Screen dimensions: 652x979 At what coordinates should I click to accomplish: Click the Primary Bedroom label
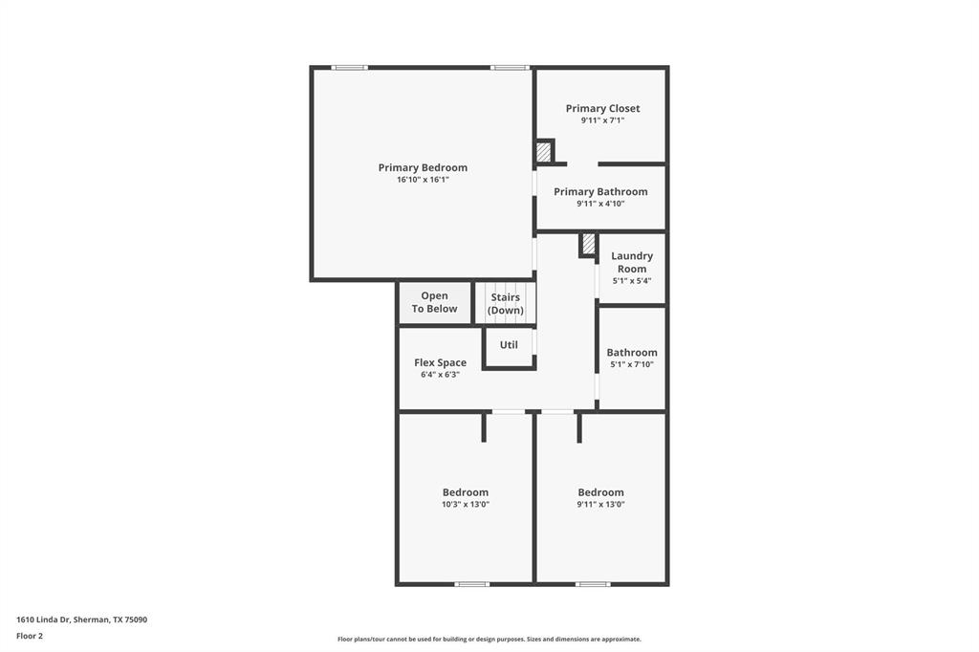pos(423,167)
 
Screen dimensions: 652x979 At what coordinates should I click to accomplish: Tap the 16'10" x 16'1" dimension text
pos(423,180)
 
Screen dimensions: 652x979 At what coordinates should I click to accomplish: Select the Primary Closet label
pos(602,108)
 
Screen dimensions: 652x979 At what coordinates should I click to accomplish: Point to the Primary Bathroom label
pos(600,191)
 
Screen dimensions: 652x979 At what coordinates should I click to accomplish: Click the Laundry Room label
pos(632,262)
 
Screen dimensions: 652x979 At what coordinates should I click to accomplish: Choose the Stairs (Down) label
pos(506,304)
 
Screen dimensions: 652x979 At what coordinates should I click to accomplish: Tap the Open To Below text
pos(434,302)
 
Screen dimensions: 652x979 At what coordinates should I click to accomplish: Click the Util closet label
pos(509,344)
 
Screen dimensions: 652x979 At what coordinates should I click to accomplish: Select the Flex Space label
pos(440,362)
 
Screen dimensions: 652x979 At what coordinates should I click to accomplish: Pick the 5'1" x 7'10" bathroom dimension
pos(631,364)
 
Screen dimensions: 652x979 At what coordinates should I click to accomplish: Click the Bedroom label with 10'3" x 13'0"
pos(465,492)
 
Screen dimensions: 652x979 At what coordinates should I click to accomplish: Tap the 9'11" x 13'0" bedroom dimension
pos(600,505)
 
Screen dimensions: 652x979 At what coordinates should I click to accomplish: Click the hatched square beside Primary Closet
pos(543,151)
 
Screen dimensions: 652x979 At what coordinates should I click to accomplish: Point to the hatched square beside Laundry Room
pos(588,244)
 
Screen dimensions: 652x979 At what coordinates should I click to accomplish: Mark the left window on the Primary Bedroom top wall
pos(350,67)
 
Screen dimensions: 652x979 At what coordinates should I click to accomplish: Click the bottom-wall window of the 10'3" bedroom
pos(471,583)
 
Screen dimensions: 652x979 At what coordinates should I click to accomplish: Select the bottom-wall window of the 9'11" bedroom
pos(593,583)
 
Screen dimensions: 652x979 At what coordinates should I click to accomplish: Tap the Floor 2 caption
pos(30,635)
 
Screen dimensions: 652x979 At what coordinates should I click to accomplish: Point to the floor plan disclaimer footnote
pos(489,639)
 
